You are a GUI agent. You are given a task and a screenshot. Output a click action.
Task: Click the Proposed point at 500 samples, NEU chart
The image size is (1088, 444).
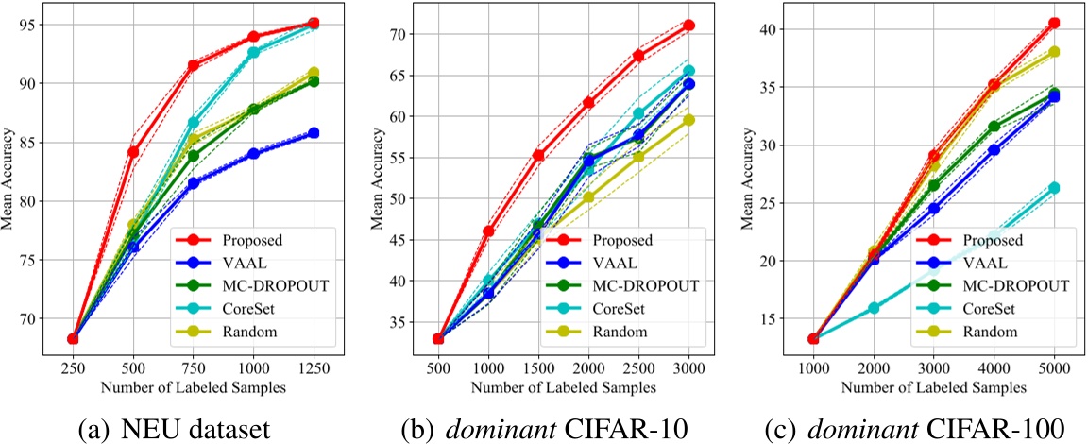pyautogui.click(x=133, y=151)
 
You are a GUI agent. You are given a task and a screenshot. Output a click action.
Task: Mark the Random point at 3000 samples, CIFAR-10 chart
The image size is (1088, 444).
pyautogui.click(x=688, y=120)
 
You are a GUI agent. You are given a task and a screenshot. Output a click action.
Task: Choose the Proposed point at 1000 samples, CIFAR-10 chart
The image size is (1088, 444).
pyautogui.click(x=488, y=231)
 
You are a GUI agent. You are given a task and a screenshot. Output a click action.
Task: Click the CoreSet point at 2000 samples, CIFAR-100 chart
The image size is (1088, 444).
pyautogui.click(x=874, y=308)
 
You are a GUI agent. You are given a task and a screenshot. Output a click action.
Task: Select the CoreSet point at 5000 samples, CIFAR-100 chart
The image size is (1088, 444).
pyautogui.click(x=1054, y=188)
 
